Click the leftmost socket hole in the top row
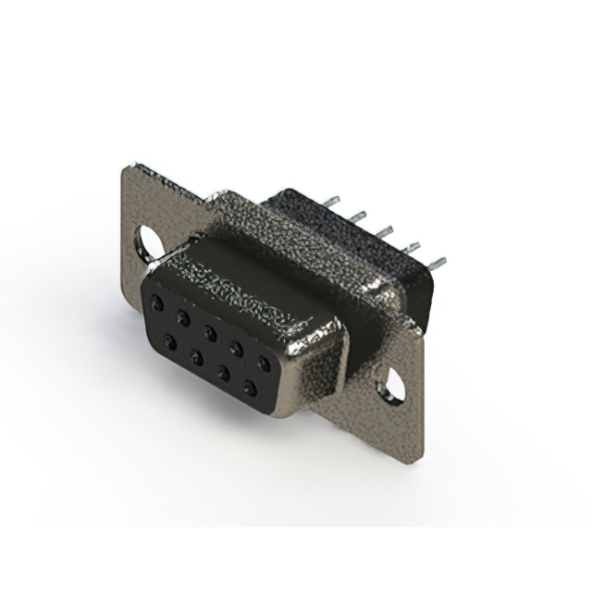(x=159, y=303)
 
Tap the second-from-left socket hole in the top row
(x=185, y=317)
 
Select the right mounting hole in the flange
(x=394, y=382)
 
